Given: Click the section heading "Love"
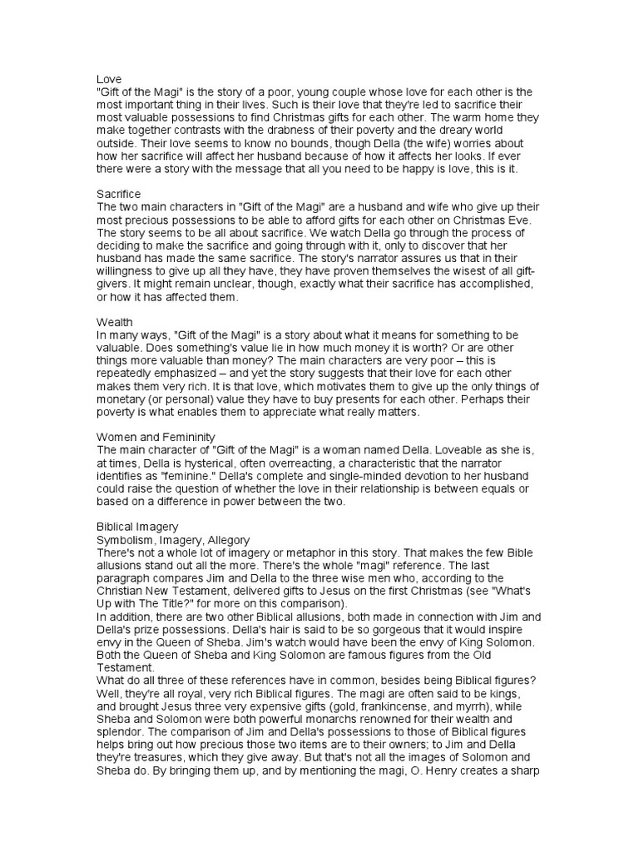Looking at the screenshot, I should (109, 78).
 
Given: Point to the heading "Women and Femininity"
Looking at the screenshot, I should (156, 436).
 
